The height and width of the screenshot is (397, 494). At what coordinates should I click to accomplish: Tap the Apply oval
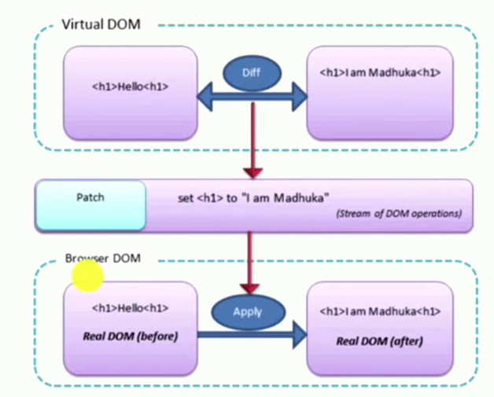point(248,311)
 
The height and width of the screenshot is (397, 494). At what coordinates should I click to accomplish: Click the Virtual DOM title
point(101,24)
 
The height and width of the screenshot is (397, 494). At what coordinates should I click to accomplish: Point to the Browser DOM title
point(102,258)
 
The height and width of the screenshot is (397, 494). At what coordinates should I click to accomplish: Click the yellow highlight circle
point(87,276)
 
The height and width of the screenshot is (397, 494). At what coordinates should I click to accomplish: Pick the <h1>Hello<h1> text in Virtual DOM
point(130,86)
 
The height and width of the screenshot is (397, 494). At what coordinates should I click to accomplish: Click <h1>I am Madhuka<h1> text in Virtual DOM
point(380,72)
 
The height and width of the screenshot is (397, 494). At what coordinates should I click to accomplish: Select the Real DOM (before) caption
point(130,336)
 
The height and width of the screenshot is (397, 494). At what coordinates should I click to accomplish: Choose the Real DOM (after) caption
point(380,340)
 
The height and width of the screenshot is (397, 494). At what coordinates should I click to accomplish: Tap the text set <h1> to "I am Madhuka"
point(253,198)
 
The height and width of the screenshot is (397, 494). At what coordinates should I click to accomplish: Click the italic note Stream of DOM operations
point(399,213)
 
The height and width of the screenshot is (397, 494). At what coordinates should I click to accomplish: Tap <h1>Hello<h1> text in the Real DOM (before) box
point(130,309)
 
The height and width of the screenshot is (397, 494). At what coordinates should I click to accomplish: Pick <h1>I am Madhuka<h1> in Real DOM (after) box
point(380,312)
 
